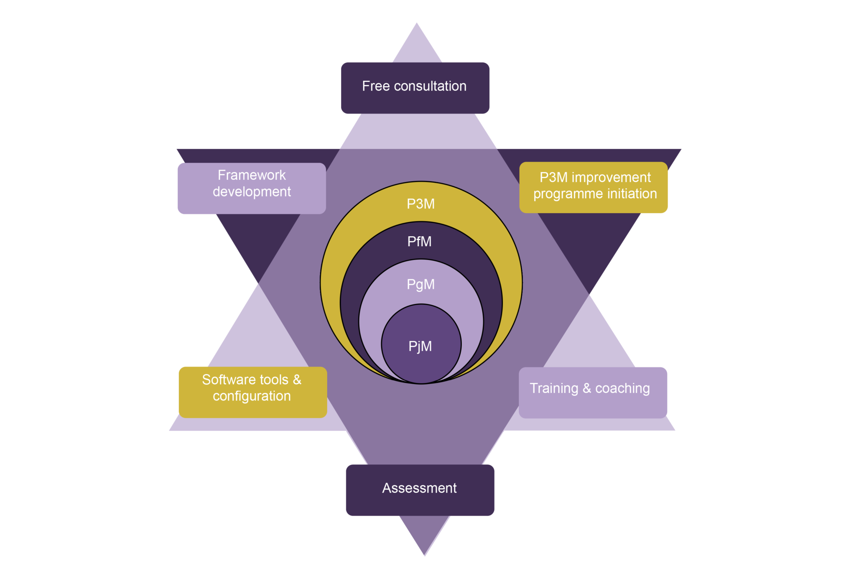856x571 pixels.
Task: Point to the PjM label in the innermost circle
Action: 420,346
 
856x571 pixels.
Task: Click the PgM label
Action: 420,284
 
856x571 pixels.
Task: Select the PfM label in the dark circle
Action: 419,242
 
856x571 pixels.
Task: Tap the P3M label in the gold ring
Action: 420,204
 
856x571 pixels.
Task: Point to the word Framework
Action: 252,175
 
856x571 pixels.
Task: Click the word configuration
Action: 252,396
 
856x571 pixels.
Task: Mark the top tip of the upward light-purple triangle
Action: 416,24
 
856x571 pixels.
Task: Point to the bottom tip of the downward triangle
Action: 424,554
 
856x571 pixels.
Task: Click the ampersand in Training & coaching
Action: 587,388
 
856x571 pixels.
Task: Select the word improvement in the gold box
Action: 611,178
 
